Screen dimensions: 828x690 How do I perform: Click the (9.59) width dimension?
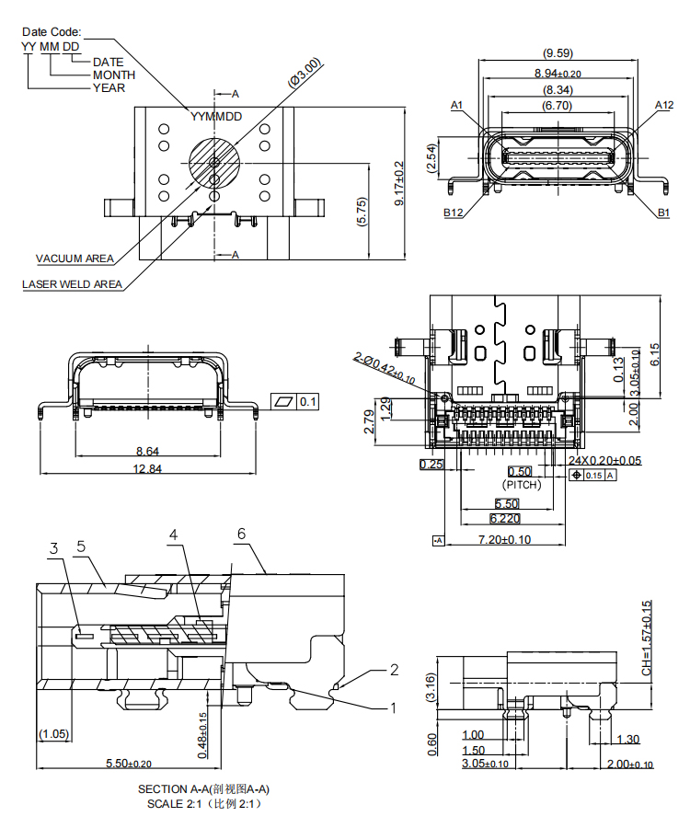point(558,53)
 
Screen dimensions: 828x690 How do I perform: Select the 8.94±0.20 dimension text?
point(558,73)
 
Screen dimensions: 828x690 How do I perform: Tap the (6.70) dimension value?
point(558,107)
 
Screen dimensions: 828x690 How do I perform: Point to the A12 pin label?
point(663,106)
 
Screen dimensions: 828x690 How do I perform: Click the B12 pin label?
point(453,213)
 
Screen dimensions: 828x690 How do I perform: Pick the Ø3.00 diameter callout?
point(305,73)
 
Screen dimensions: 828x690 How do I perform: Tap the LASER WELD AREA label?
point(73,284)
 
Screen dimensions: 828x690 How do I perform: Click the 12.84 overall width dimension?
point(148,468)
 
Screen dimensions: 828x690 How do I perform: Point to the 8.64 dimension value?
point(148,451)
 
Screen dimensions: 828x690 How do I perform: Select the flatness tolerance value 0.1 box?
point(308,402)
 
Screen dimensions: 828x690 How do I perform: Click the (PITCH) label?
point(522,484)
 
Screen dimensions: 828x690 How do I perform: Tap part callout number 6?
point(241,534)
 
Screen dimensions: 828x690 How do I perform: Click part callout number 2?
point(394,670)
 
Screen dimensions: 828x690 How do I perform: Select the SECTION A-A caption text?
point(203,789)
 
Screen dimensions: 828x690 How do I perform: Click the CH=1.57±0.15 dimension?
point(646,638)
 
